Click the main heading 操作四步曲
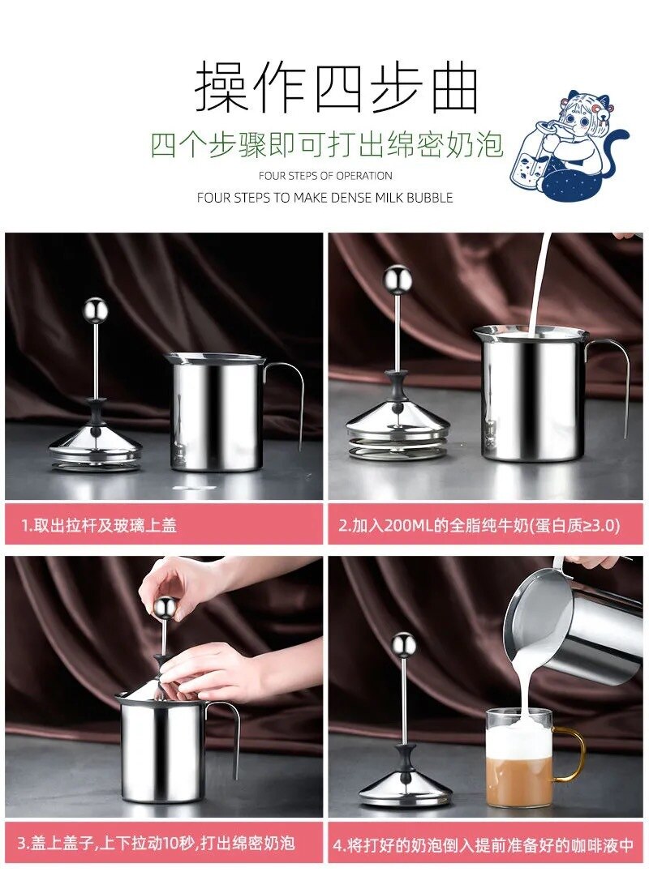(x=337, y=87)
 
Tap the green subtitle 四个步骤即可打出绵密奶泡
(x=327, y=144)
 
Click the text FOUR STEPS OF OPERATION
(x=325, y=176)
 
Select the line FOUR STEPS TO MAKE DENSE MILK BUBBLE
(x=324, y=198)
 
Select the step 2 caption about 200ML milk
(x=479, y=525)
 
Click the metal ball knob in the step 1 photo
(x=96, y=309)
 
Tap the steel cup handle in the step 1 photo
(x=292, y=397)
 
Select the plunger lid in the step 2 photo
(x=398, y=421)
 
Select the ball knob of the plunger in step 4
(x=403, y=644)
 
